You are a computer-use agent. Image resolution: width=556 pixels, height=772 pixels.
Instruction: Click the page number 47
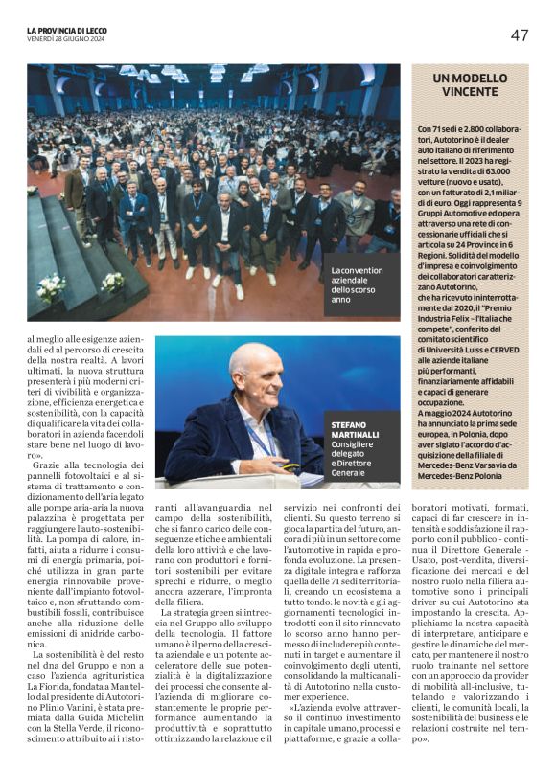tap(519, 35)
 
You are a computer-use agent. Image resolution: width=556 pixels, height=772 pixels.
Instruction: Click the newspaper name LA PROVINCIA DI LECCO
tap(70, 31)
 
